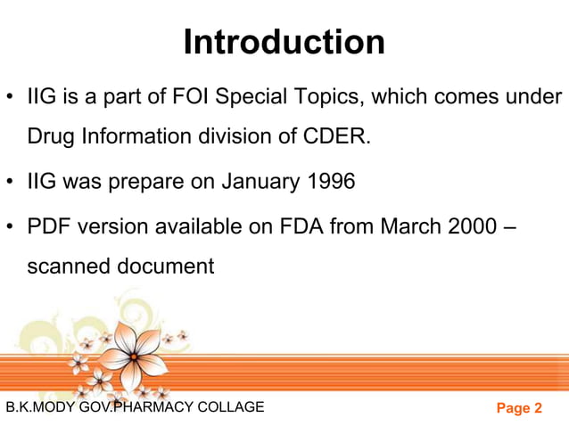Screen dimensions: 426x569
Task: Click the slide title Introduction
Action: pyautogui.click(x=284, y=42)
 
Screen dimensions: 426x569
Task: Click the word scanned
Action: pyautogui.click(x=68, y=266)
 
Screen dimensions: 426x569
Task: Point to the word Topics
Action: pyautogui.click(x=326, y=95)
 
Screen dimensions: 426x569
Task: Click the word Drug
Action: pyautogui.click(x=50, y=136)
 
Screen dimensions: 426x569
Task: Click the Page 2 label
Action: pyautogui.click(x=519, y=408)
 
